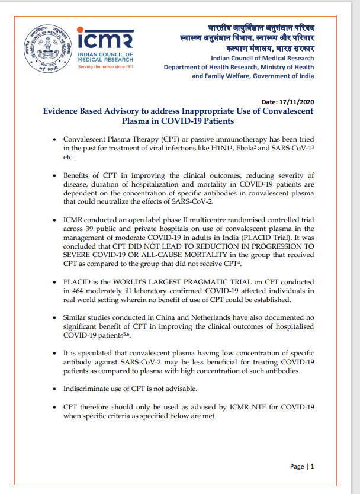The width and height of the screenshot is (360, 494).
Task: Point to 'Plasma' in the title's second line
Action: tap(137, 121)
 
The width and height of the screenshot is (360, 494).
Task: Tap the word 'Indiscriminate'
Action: tap(89, 389)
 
